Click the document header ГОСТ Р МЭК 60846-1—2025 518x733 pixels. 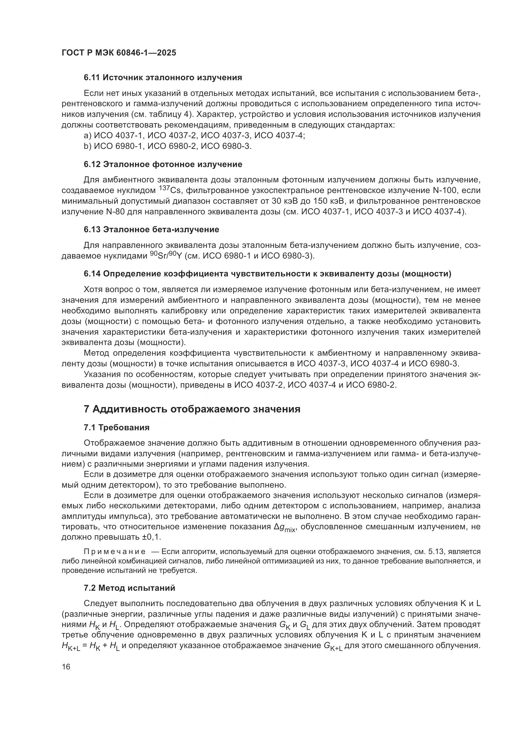(119, 53)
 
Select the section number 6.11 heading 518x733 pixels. (91, 78)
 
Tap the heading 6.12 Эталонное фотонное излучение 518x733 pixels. (163, 165)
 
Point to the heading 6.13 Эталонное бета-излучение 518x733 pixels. (151, 229)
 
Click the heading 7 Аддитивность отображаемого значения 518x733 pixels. (192, 409)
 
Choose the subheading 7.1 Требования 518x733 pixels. (117, 427)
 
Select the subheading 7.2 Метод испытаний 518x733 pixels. (130, 588)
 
